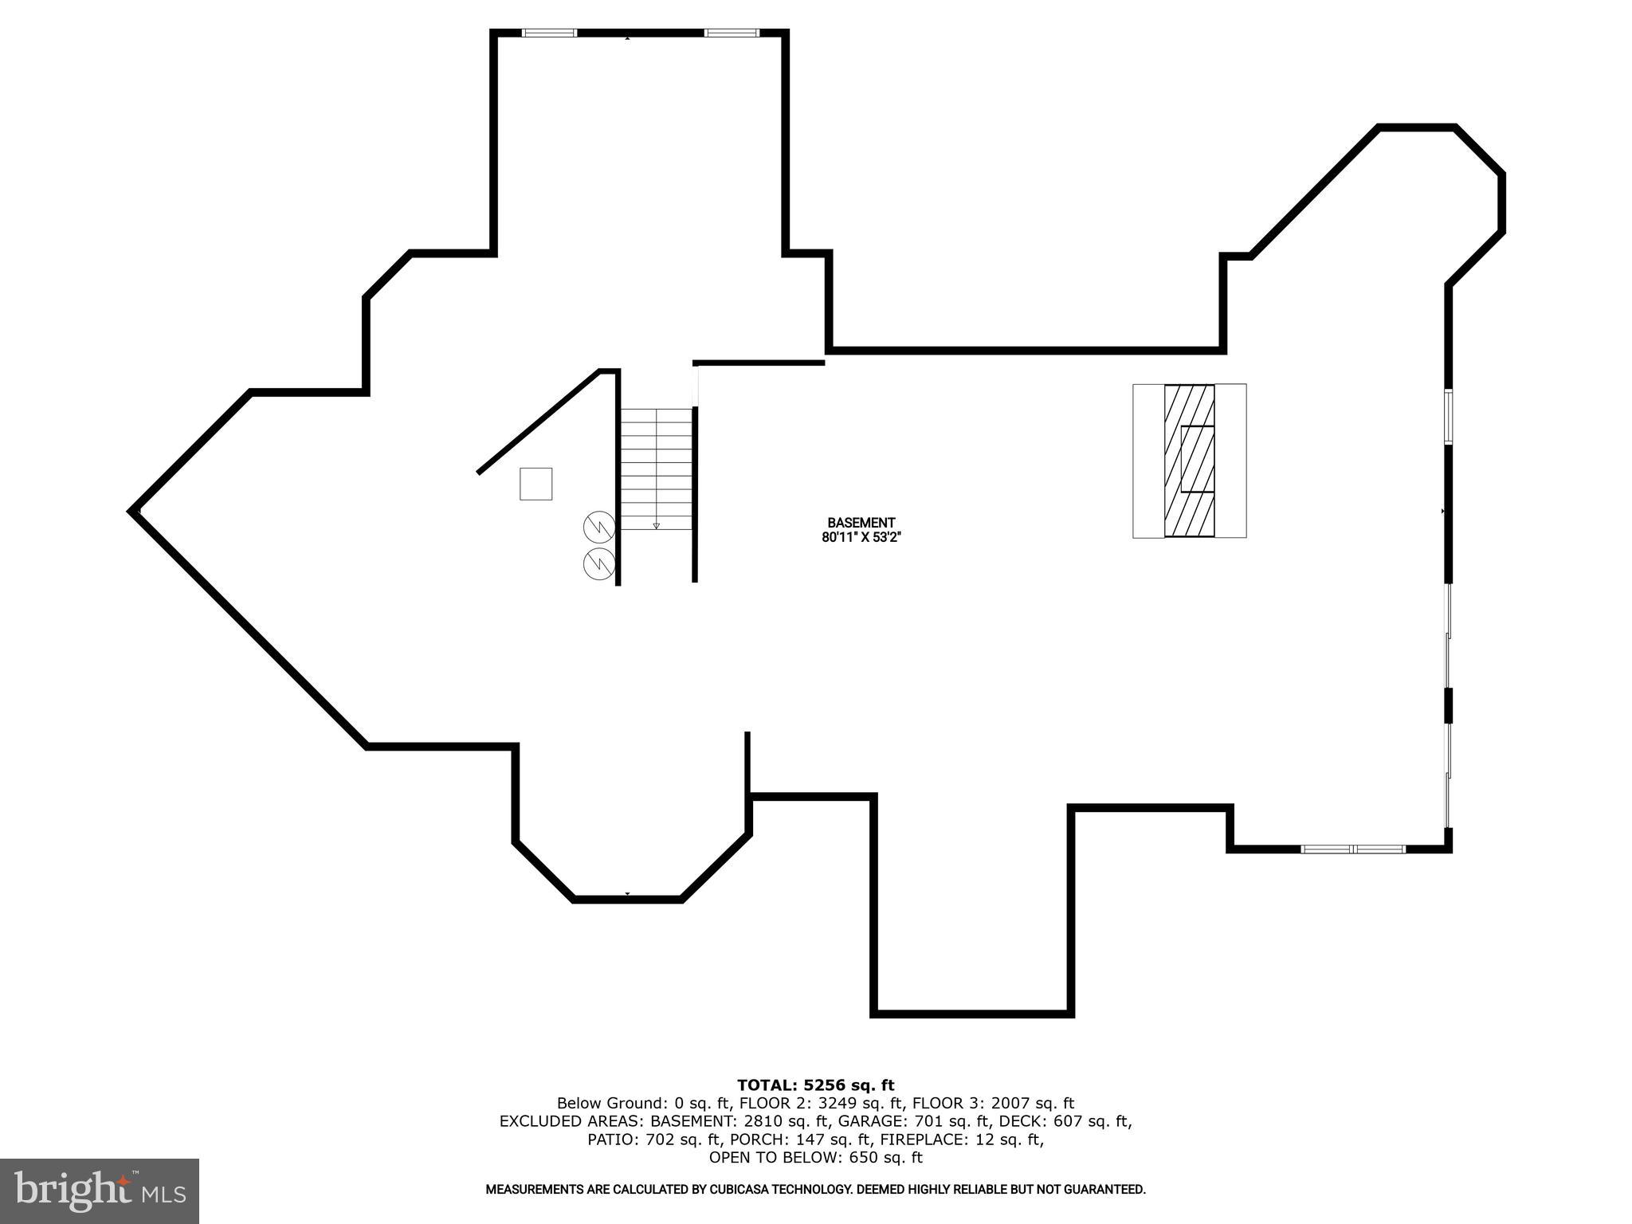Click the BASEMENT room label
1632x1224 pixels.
point(861,523)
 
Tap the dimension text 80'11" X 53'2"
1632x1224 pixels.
point(861,537)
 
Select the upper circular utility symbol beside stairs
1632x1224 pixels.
point(599,527)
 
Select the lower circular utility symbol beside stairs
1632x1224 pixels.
point(599,563)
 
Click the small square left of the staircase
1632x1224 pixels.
point(535,484)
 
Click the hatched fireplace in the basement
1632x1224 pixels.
point(1189,461)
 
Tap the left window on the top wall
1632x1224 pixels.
point(549,33)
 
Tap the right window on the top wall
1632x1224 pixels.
point(732,33)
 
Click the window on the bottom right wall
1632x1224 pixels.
point(1353,849)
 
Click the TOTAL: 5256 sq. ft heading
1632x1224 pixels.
point(815,1085)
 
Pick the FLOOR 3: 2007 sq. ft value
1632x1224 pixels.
point(993,1103)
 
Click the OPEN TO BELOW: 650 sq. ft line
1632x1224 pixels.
point(815,1157)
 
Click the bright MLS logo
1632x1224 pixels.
point(100,1191)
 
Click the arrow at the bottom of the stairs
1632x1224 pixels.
point(657,525)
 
